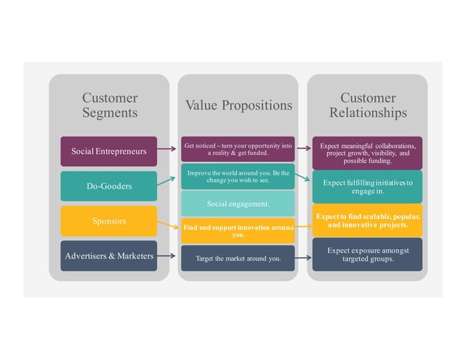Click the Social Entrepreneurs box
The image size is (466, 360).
click(108, 151)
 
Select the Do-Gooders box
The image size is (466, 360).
click(108, 186)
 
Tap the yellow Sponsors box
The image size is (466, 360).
click(108, 221)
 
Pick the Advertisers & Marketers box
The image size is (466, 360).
click(108, 256)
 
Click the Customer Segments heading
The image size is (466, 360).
click(110, 105)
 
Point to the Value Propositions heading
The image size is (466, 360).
click(238, 105)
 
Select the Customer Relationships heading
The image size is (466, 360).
click(367, 105)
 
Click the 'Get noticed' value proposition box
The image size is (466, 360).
click(238, 150)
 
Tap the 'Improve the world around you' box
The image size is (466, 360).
click(238, 176)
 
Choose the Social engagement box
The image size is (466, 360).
click(238, 203)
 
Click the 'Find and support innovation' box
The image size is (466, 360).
click(238, 231)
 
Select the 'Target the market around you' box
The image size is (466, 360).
click(238, 258)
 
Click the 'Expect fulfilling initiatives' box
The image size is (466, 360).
click(367, 186)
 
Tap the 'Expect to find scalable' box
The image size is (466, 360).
click(367, 221)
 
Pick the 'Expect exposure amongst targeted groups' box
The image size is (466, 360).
click(367, 254)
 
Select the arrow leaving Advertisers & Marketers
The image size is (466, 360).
click(169, 256)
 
